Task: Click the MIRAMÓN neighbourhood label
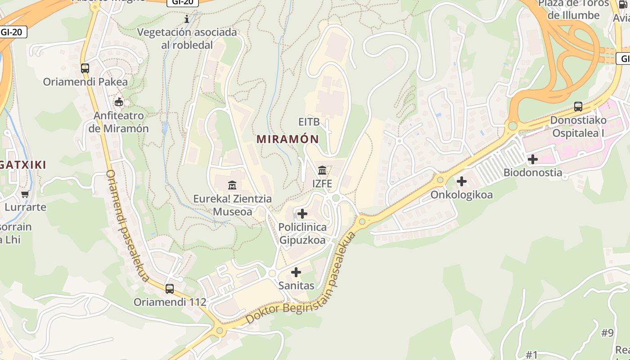click(288, 139)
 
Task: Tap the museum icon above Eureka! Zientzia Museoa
click(232, 185)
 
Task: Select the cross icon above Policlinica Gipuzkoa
click(302, 213)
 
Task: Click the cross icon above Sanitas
click(296, 272)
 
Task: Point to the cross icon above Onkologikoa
click(462, 182)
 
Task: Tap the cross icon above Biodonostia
click(533, 159)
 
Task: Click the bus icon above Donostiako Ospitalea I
click(578, 107)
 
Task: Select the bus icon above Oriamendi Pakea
click(85, 68)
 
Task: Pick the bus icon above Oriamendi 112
click(170, 288)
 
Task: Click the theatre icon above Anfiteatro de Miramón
click(119, 102)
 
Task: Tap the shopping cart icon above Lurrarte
click(25, 194)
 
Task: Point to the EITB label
click(309, 122)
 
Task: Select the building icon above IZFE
click(322, 170)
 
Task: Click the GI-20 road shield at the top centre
click(183, 2)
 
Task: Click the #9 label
click(607, 333)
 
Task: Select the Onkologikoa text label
click(462, 195)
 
